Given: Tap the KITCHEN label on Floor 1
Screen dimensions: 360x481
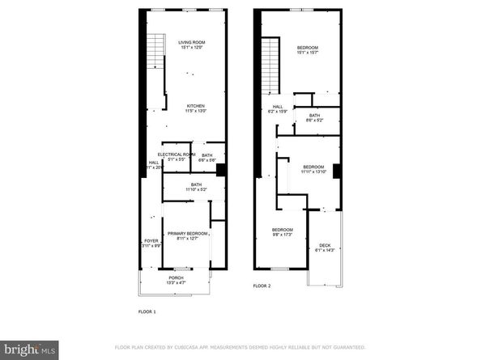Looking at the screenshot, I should pyautogui.click(x=196, y=106).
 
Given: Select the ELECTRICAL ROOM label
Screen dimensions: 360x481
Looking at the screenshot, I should pyautogui.click(x=177, y=155).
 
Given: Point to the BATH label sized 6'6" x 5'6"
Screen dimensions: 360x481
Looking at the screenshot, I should pyautogui.click(x=207, y=155).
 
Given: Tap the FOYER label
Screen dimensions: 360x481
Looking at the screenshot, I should pyautogui.click(x=151, y=241).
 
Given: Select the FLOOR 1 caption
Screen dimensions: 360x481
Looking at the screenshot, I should pyautogui.click(x=147, y=311).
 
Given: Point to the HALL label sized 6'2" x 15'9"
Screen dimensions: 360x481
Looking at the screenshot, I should pyautogui.click(x=277, y=107).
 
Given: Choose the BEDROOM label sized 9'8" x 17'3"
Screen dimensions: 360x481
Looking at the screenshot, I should pyautogui.click(x=283, y=231).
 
